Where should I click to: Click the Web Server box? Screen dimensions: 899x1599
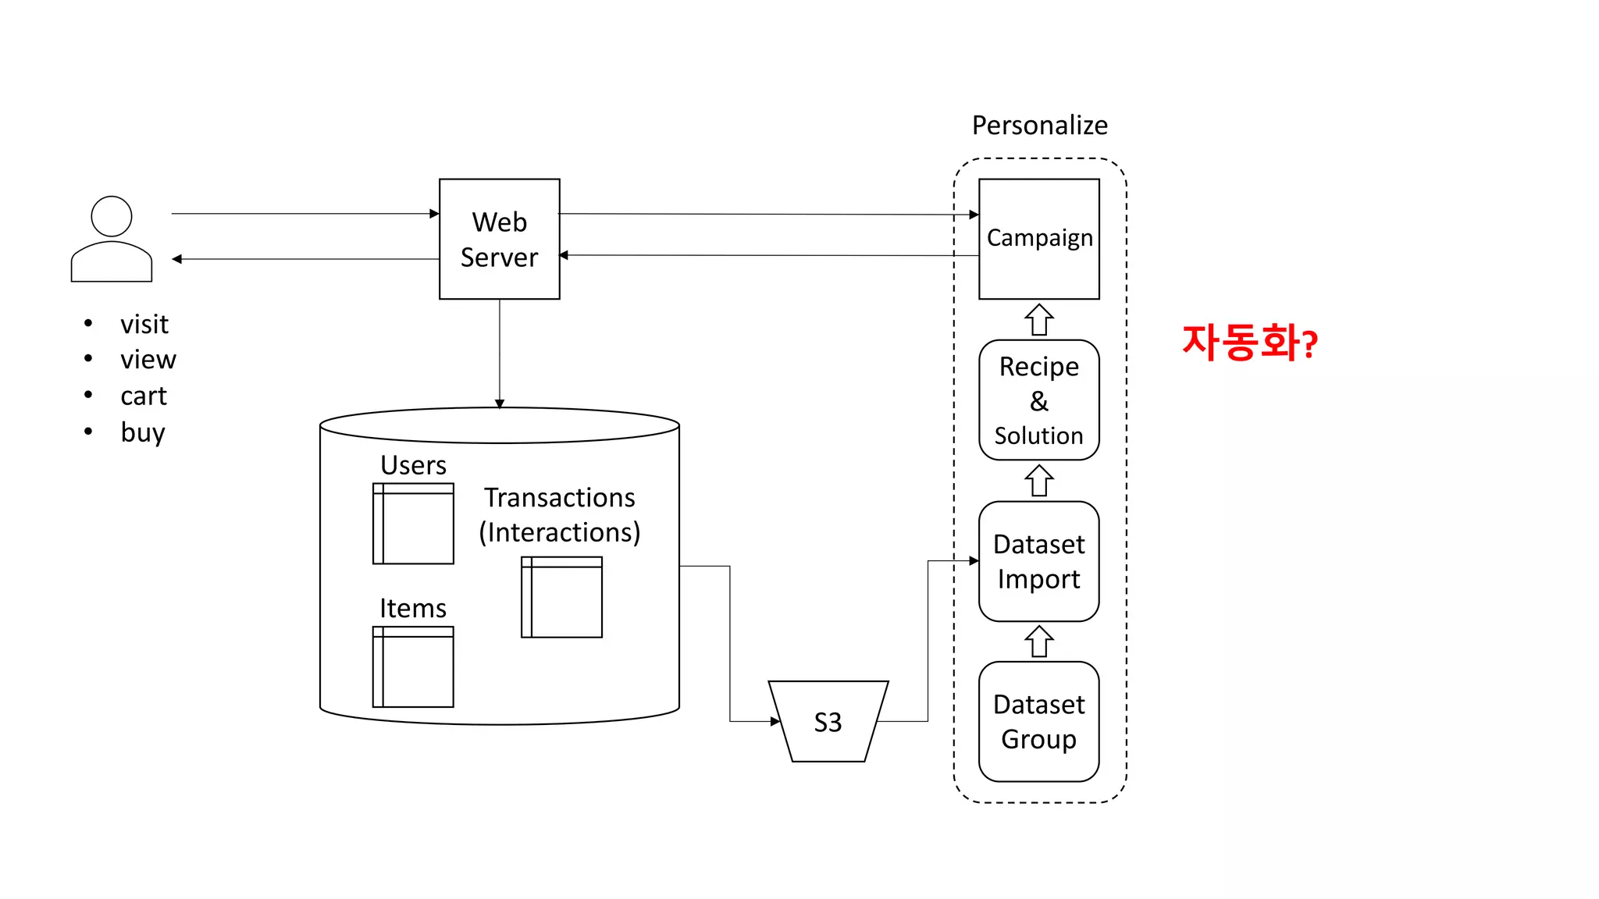pyautogui.click(x=499, y=239)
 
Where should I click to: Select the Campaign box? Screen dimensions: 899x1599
pyautogui.click(x=1038, y=239)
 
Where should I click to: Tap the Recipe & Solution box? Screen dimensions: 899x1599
pyautogui.click(x=1038, y=400)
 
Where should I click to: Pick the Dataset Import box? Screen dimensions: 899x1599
pyautogui.click(x=1038, y=561)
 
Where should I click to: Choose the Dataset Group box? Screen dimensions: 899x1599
pyautogui.click(x=1038, y=721)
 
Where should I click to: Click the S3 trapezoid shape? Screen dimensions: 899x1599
pyautogui.click(x=828, y=722)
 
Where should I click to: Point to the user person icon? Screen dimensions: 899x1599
pyautogui.click(x=112, y=239)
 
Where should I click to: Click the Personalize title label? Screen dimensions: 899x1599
pyautogui.click(x=1039, y=126)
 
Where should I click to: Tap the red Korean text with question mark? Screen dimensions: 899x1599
pyautogui.click(x=1249, y=343)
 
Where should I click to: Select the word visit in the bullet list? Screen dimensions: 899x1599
pyautogui.click(x=144, y=324)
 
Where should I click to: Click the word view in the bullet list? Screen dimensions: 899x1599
pyautogui.click(x=148, y=360)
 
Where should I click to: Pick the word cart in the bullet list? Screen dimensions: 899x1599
pyautogui.click(x=144, y=396)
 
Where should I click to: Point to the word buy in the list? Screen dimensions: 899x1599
pyautogui.click(x=143, y=432)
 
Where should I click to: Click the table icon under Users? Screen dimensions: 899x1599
pyautogui.click(x=413, y=524)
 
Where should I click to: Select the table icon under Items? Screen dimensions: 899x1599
pyautogui.click(x=413, y=667)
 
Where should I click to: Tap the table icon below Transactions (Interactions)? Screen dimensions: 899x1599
pyautogui.click(x=561, y=597)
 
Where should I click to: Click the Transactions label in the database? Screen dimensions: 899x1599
pyautogui.click(x=559, y=498)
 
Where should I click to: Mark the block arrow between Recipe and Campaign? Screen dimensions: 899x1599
pyautogui.click(x=1039, y=319)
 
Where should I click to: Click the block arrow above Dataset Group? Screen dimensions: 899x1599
pyautogui.click(x=1039, y=641)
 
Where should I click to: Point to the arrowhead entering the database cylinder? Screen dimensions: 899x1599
pyautogui.click(x=500, y=403)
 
